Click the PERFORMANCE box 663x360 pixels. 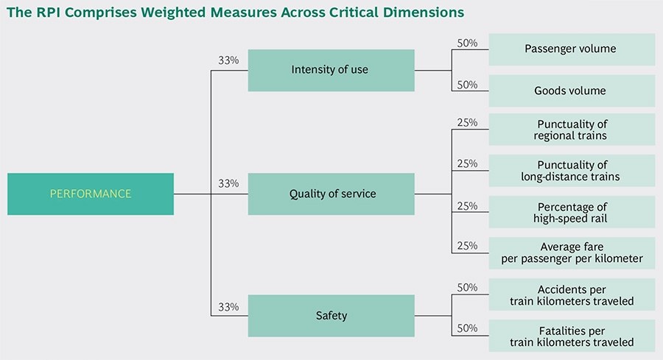(x=91, y=194)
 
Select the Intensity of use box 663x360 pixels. (x=331, y=70)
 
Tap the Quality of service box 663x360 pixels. (x=331, y=194)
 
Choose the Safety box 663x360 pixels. (x=331, y=316)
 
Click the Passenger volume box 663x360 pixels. (x=572, y=49)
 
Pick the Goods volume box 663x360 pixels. (x=572, y=91)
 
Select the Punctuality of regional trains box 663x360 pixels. (x=572, y=130)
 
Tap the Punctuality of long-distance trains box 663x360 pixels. (x=572, y=171)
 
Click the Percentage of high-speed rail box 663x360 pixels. (x=572, y=212)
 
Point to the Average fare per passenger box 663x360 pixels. (x=572, y=253)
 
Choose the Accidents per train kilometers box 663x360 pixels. (x=572, y=294)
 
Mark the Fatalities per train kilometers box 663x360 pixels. (x=572, y=336)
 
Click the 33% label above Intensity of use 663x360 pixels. (x=228, y=60)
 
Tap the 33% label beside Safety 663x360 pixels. (x=228, y=307)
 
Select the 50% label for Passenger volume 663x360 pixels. (x=467, y=43)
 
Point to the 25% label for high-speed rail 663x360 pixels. (x=467, y=206)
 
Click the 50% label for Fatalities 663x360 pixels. (x=467, y=328)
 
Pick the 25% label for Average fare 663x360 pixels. (x=467, y=245)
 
